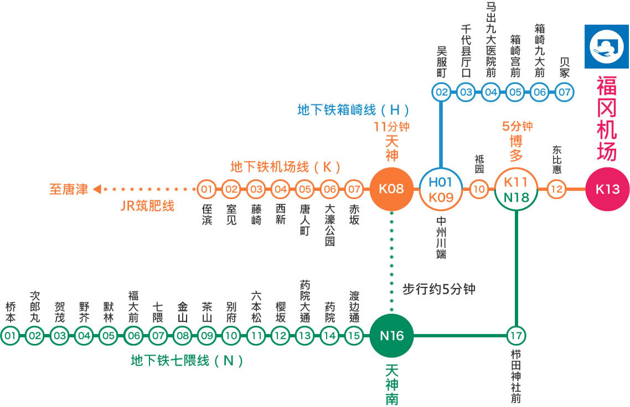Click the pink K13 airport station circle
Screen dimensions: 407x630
(607, 189)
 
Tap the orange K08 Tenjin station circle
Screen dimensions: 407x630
(391, 189)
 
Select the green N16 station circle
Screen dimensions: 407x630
(391, 335)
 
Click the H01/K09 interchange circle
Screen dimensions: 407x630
(441, 189)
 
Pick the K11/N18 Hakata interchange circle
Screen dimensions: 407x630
(516, 189)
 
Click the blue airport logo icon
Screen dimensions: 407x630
(607, 46)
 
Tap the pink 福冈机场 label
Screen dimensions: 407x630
(607, 118)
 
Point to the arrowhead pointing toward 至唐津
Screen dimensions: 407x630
(97, 190)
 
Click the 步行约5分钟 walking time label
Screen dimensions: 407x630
(438, 289)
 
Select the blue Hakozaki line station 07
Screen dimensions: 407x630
(564, 92)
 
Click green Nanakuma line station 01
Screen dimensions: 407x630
(10, 336)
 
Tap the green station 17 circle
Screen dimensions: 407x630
(516, 335)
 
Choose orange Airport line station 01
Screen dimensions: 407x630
(206, 190)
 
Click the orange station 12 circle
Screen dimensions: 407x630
(557, 190)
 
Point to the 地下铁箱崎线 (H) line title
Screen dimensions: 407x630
(353, 109)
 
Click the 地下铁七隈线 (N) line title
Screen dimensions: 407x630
(187, 361)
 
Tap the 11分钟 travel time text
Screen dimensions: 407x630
(391, 127)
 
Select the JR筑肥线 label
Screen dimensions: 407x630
(147, 206)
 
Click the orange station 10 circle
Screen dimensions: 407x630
(479, 190)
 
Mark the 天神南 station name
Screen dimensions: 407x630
(392, 384)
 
